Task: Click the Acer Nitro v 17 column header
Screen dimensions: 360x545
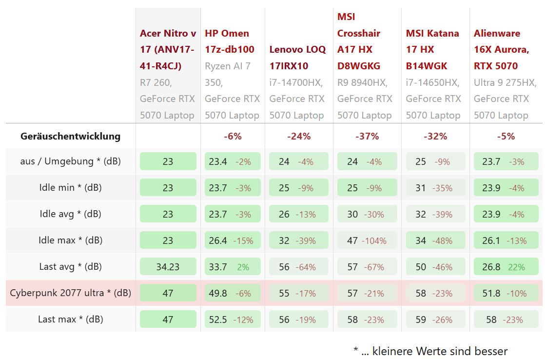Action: pyautogui.click(x=168, y=49)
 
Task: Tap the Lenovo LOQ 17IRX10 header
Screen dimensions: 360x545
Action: pyautogui.click(x=297, y=58)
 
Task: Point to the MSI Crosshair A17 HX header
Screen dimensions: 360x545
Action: pyautogui.click(x=359, y=41)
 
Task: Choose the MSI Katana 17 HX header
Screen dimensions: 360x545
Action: pyautogui.click(x=432, y=49)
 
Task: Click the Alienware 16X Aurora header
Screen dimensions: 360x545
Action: pyautogui.click(x=501, y=49)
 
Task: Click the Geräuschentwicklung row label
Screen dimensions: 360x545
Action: pyautogui.click(x=70, y=136)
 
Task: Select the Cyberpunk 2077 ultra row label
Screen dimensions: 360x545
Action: pyautogui.click(x=71, y=293)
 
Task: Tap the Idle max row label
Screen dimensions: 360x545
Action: pyautogui.click(x=71, y=240)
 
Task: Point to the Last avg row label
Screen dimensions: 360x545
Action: pyautogui.click(x=71, y=267)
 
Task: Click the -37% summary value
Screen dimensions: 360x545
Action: pyautogui.click(x=367, y=136)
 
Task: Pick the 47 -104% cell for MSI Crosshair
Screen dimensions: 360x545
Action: pyautogui.click(x=367, y=240)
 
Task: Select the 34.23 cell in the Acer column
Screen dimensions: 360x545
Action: pyautogui.click(x=168, y=267)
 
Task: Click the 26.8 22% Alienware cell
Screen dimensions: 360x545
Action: pyautogui.click(x=506, y=267)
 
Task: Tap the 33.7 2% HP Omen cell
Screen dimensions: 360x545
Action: pyautogui.click(x=233, y=267)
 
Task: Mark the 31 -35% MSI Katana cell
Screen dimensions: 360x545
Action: pyautogui.click(x=435, y=188)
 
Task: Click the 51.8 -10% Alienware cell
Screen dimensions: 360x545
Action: pyautogui.click(x=506, y=293)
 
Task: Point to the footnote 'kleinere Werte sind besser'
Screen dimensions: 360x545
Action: pyautogui.click(x=430, y=351)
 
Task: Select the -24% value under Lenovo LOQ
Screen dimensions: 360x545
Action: pyautogui.click(x=299, y=136)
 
